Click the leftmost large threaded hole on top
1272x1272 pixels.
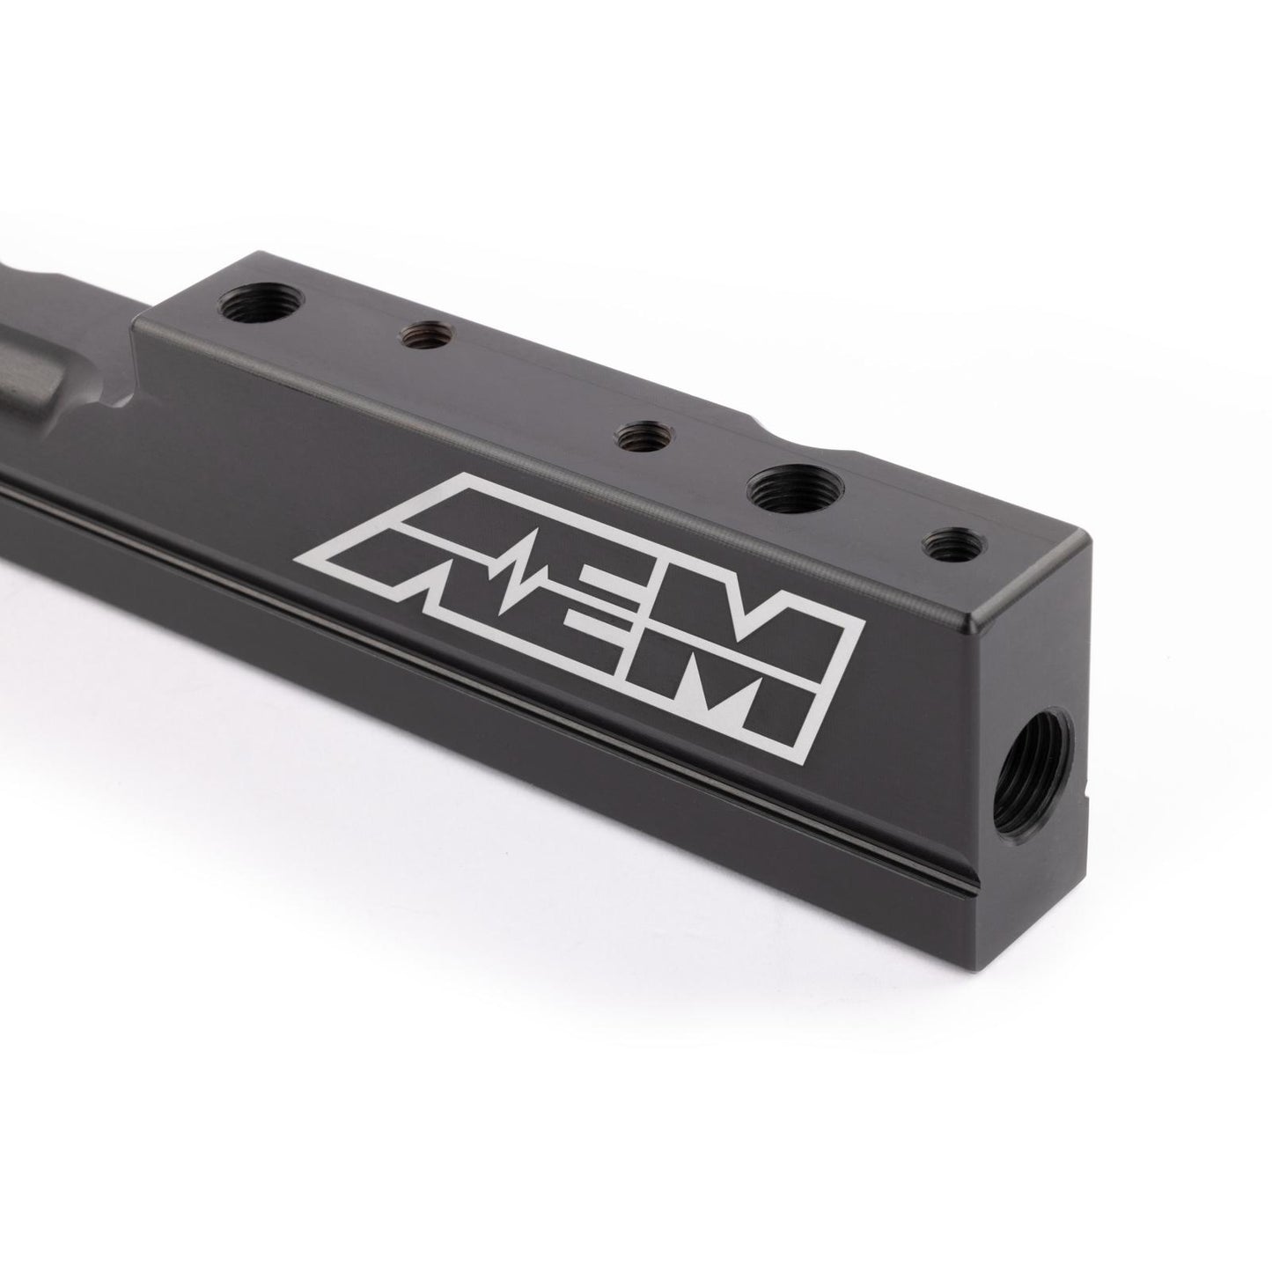coord(261,306)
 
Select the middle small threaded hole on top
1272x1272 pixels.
coord(642,436)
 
